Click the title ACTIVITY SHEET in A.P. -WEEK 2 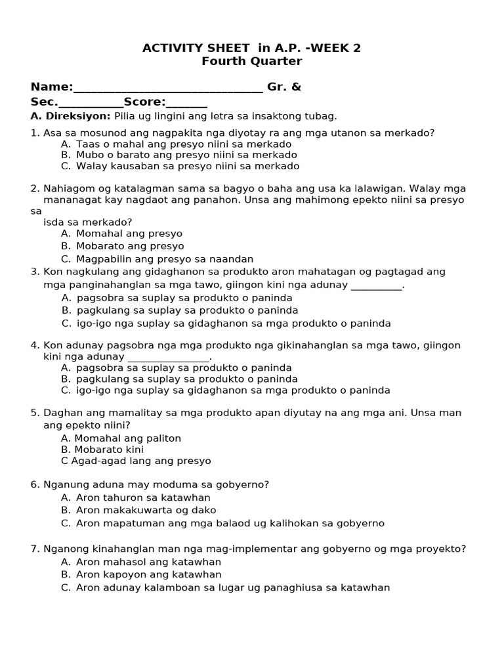pyautogui.click(x=252, y=48)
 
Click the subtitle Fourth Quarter pyautogui.click(x=252, y=62)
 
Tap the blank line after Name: pyautogui.click(x=168, y=89)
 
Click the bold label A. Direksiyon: pyautogui.click(x=71, y=116)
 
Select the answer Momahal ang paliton pyautogui.click(x=121, y=438)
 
